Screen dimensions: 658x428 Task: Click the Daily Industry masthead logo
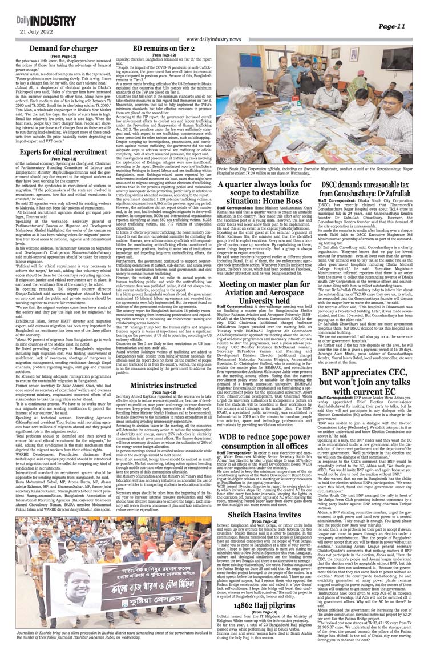coord(39,20)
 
